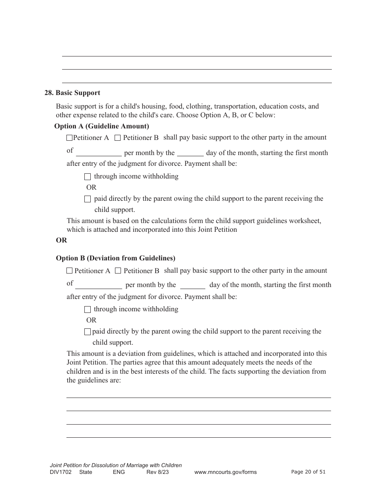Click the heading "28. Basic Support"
(72, 93)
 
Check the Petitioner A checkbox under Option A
(69, 138)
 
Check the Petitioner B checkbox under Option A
(117, 138)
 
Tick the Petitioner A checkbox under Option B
(69, 271)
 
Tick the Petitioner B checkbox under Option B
(118, 271)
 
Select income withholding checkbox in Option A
(88, 177)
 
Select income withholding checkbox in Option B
(88, 309)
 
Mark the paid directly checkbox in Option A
(88, 199)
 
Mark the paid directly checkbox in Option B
(88, 332)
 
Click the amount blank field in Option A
(99, 153)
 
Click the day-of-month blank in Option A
(190, 153)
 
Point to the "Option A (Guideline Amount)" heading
(101, 126)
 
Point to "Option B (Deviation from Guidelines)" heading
(115, 258)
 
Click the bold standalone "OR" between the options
(61, 240)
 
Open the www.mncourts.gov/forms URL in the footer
(225, 472)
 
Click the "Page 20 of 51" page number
(308, 472)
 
